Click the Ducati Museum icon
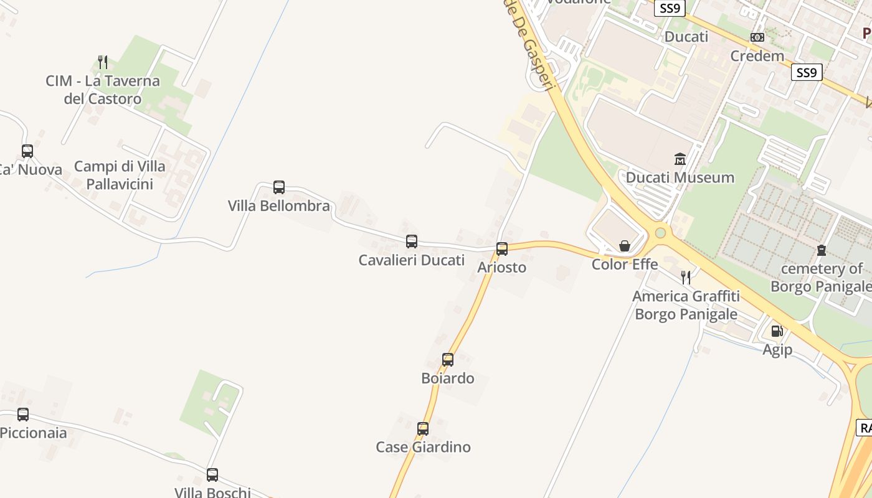click(x=680, y=159)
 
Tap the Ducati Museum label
click(x=680, y=178)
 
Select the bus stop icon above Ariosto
click(x=502, y=249)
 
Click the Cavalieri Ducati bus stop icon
click(x=412, y=242)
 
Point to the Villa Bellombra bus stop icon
click(x=279, y=187)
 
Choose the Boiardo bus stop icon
click(x=448, y=359)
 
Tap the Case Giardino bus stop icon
click(x=423, y=428)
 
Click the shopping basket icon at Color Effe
click(x=625, y=246)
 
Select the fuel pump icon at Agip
click(x=777, y=331)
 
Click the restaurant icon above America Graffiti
click(x=686, y=277)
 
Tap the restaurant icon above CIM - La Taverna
click(x=103, y=62)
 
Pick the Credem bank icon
click(x=757, y=37)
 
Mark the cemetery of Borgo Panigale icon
click(x=822, y=250)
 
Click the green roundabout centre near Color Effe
click(x=660, y=233)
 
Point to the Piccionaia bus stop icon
click(x=23, y=414)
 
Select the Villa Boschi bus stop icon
click(x=212, y=475)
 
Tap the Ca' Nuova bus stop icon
click(x=27, y=151)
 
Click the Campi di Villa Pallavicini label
click(x=120, y=175)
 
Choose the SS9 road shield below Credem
click(x=806, y=73)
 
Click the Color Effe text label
click(x=625, y=265)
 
